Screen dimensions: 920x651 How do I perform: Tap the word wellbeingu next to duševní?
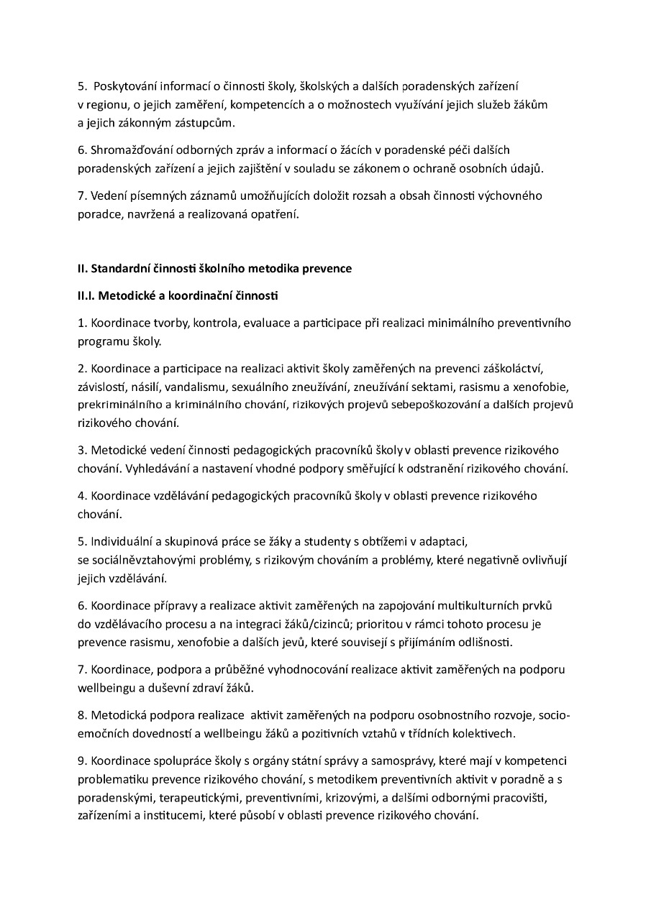tap(107, 688)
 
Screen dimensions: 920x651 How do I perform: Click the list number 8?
tap(82, 715)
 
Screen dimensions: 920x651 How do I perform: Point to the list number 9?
tap(82, 761)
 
